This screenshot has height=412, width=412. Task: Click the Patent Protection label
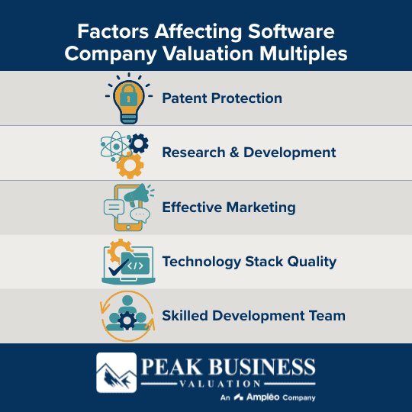click(x=222, y=98)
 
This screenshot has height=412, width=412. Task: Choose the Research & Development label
click(x=249, y=153)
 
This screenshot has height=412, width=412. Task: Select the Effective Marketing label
click(x=228, y=208)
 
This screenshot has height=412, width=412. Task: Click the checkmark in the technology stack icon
click(x=117, y=269)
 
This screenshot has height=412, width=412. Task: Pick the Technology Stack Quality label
click(x=249, y=262)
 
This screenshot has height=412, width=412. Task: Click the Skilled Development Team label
click(x=253, y=316)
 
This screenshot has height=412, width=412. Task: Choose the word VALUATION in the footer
click(x=227, y=383)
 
